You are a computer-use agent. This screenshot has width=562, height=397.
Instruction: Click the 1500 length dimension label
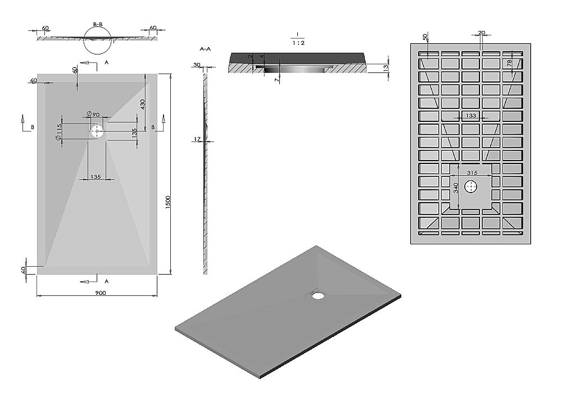(167, 203)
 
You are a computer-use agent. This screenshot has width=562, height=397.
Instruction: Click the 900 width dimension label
(101, 293)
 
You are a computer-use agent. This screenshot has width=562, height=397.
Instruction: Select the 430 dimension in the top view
(142, 104)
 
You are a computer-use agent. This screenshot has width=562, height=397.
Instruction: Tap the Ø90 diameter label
(93, 114)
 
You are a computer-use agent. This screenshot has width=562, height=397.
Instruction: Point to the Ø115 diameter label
(59, 132)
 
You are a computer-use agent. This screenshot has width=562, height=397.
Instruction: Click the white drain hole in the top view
(97, 131)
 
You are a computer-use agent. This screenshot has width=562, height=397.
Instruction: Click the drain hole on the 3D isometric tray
(318, 295)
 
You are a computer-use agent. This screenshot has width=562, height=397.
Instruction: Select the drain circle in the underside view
(470, 186)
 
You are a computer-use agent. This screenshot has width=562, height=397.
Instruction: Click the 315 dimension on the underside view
(472, 172)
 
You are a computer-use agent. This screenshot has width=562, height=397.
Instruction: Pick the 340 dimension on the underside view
(456, 188)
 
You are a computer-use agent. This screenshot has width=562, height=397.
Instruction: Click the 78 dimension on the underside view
(509, 63)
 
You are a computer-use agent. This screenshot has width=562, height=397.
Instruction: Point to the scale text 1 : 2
(298, 43)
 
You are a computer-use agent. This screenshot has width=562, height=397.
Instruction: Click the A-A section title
(205, 49)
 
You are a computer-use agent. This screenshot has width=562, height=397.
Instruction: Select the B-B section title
(98, 24)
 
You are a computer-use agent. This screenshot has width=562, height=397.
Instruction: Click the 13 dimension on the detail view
(386, 67)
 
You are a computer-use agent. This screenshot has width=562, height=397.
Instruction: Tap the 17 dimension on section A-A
(197, 139)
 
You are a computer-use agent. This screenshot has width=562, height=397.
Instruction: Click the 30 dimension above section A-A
(197, 65)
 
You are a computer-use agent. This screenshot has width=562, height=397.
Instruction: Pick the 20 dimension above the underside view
(482, 33)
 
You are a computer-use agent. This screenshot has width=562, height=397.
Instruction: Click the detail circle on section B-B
(84, 40)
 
